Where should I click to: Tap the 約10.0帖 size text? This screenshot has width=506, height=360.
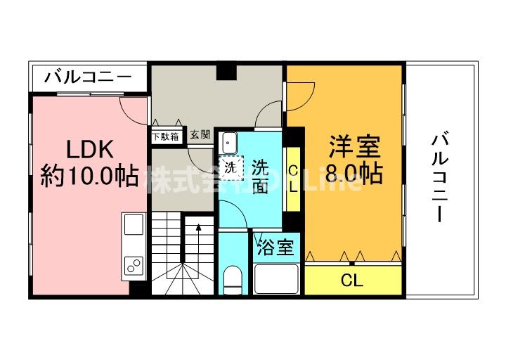click(x=89, y=175)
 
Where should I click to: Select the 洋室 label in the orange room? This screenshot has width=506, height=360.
click(x=355, y=148)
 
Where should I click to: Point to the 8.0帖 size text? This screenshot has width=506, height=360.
click(x=356, y=173)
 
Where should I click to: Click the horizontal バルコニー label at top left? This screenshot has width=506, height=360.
click(x=87, y=76)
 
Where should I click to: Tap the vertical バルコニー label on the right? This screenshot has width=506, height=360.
click(x=439, y=177)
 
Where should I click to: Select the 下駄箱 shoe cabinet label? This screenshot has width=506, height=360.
click(x=167, y=136)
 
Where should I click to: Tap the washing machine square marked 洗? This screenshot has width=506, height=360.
click(x=231, y=167)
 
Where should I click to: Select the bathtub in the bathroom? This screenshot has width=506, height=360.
click(x=277, y=279)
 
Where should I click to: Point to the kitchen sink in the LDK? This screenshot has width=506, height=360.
click(x=134, y=226)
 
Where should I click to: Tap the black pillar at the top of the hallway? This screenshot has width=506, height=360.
click(x=226, y=72)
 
